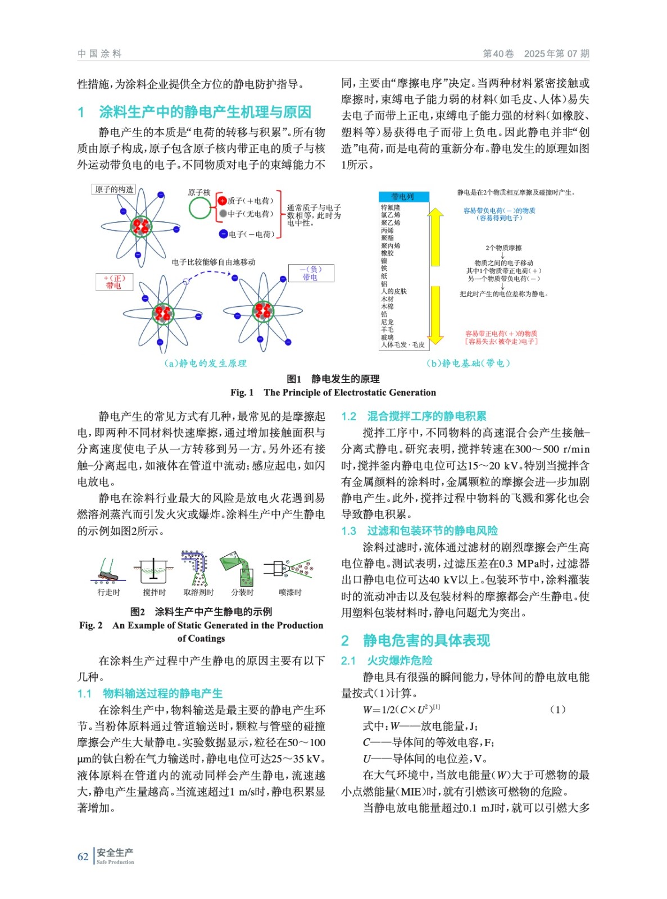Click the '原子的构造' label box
coord(114,189)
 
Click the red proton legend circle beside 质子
coord(223,201)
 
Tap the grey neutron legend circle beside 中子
coord(223,214)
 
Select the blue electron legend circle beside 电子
coord(223,234)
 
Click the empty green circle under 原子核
coord(199,209)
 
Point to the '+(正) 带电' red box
coord(114,281)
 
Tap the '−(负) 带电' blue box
coord(311,273)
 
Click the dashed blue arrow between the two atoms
coord(209,274)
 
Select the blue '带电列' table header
coord(403,197)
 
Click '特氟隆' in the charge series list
coord(391,207)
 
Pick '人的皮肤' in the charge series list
coord(393,291)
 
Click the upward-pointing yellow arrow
coord(435,236)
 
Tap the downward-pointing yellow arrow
coord(435,315)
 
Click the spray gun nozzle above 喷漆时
coord(276,569)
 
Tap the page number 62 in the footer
coord(83,857)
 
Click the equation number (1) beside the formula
coord(557,710)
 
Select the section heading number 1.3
coord(348,531)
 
